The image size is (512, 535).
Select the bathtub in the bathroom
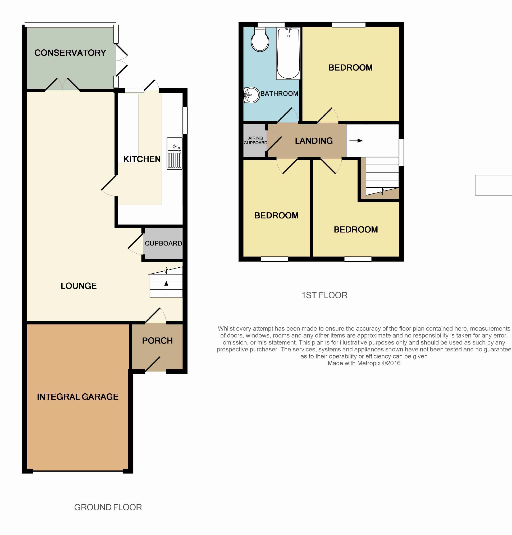coord(288,53)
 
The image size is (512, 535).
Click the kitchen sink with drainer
coord(174,153)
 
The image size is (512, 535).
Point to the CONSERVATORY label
coord(70,53)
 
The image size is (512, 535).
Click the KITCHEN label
coord(142,159)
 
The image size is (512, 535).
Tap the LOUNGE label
coord(79,286)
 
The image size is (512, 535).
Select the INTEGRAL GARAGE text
coord(78,397)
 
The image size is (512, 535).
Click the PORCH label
coord(157,341)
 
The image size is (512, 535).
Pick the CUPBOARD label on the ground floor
coord(163,243)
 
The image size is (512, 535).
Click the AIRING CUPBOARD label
coord(255,141)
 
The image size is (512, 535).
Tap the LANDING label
coord(314,141)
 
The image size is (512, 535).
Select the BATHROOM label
coord(280,94)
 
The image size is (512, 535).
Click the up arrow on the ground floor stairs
coord(166,287)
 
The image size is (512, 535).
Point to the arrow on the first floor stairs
coord(356,141)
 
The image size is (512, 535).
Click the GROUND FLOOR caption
coord(108,507)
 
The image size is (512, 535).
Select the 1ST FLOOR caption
coord(324,295)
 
